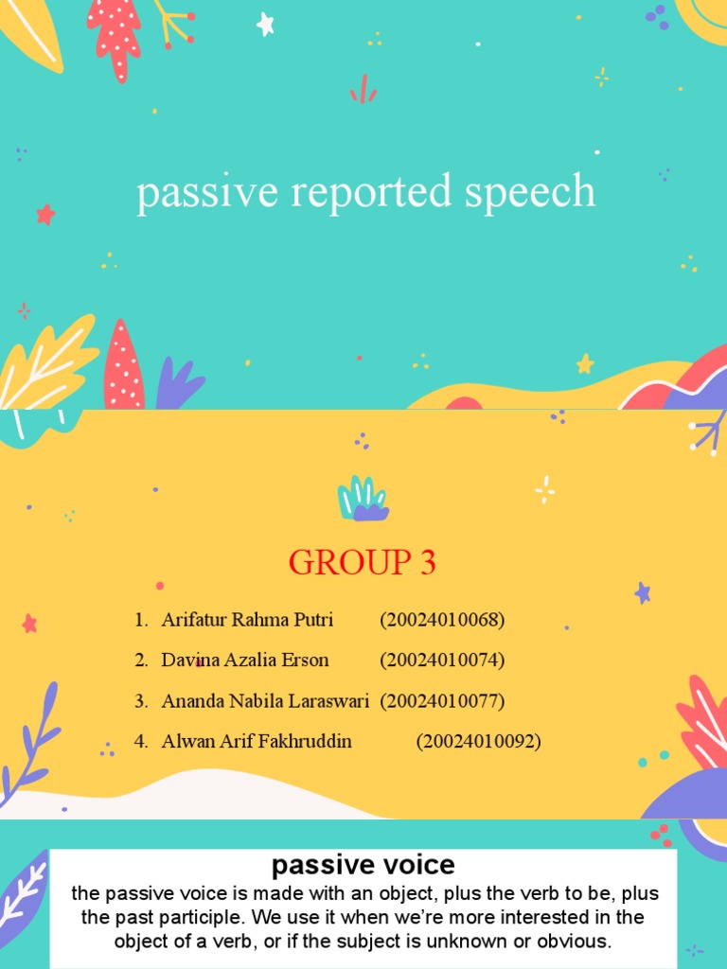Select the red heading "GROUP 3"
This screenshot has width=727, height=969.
[363, 564]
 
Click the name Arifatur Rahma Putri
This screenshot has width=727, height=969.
[247, 620]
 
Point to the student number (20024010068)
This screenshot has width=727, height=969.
[442, 620]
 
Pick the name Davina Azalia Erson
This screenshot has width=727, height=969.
[245, 660]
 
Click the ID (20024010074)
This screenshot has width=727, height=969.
[442, 660]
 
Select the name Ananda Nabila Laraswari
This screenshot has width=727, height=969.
[265, 701]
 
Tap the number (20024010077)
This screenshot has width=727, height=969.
[442, 701]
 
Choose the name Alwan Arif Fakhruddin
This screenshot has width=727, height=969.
[257, 742]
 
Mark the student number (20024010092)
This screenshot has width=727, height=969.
[478, 742]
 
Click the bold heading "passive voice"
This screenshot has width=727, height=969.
[363, 865]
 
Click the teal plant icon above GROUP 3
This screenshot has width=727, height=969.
[362, 499]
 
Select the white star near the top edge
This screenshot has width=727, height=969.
[266, 25]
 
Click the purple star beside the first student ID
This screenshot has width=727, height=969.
[643, 593]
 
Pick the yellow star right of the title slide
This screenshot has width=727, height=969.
[585, 363]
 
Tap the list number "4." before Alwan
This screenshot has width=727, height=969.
[142, 742]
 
